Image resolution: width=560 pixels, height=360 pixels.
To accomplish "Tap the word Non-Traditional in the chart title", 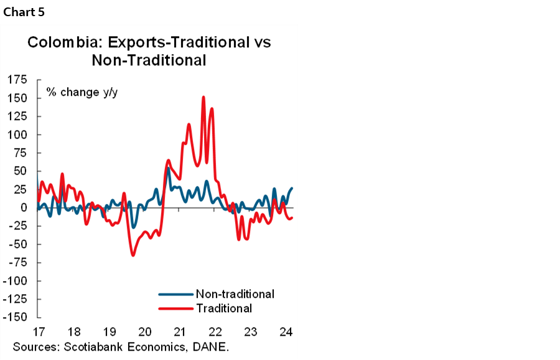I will tap(149, 60).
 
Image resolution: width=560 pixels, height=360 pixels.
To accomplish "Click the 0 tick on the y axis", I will tap(25, 208).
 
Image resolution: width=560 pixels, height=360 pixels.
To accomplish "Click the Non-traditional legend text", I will tap(235, 293).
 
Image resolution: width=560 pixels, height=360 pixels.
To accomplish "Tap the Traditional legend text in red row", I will tap(223, 308).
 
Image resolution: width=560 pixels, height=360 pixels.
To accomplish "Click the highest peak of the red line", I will tap(203, 97).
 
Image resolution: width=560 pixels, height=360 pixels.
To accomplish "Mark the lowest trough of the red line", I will tap(133, 255).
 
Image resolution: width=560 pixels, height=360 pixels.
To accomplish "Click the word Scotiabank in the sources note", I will tap(83, 346).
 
